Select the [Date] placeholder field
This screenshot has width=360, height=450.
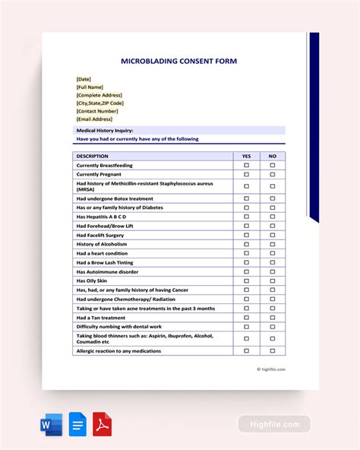[x=84, y=79]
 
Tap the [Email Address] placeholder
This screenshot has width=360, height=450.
[x=94, y=119]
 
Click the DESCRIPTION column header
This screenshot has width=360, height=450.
[x=93, y=156]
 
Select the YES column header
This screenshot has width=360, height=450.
[x=246, y=156]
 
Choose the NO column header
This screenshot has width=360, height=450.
[x=273, y=156]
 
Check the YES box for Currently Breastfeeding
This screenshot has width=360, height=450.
[x=246, y=165]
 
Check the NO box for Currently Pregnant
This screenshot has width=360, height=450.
[x=273, y=174]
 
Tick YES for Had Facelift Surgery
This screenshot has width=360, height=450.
[x=246, y=235]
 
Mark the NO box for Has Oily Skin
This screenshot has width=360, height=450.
[x=273, y=280]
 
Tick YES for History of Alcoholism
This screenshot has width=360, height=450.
[x=246, y=244]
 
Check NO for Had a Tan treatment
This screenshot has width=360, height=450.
[x=273, y=317]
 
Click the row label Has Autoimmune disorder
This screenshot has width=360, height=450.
[x=107, y=271]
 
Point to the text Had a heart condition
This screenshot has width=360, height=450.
[x=102, y=253]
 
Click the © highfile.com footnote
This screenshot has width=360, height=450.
[x=273, y=369]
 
